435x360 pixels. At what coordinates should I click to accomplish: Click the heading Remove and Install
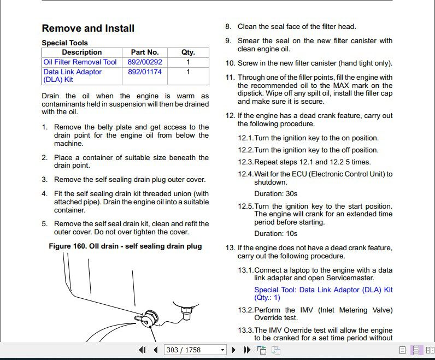click(x=88, y=28)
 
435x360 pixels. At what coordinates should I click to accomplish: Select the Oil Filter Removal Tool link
click(x=80, y=62)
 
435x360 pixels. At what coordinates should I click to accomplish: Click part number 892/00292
click(x=145, y=62)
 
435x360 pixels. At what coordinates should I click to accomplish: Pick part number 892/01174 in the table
click(x=145, y=72)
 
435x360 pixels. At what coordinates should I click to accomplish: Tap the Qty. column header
click(x=188, y=52)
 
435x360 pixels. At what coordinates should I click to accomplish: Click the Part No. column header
click(x=145, y=52)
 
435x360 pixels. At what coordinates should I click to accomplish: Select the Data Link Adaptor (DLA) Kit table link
click(x=72, y=75)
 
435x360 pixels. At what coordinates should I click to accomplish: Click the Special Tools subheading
click(x=64, y=43)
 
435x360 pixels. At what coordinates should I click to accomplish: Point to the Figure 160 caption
click(x=125, y=246)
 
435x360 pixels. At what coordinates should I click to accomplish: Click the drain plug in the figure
click(x=148, y=317)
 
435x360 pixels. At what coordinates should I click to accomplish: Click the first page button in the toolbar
click(x=143, y=350)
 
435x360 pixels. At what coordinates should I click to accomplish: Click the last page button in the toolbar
click(x=246, y=350)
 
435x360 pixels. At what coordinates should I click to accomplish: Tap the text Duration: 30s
click(x=276, y=193)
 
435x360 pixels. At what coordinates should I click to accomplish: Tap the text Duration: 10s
click(x=276, y=234)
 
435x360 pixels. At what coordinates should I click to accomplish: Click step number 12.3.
click(x=245, y=162)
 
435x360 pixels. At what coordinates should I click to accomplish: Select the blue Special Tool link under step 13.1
click(x=323, y=294)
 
